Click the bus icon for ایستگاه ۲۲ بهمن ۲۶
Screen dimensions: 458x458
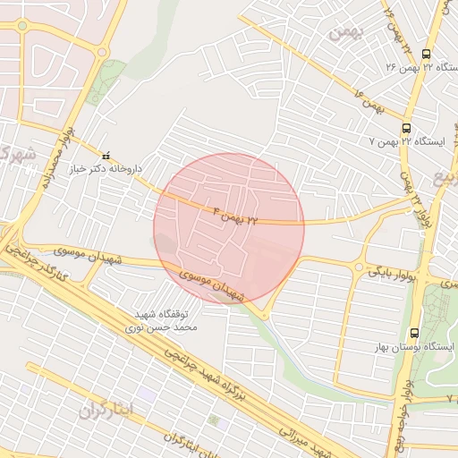(425, 53)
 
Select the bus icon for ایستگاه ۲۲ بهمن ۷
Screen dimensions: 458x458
(407, 128)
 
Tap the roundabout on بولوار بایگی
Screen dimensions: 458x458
(359, 267)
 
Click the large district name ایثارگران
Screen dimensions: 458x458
(106, 410)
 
